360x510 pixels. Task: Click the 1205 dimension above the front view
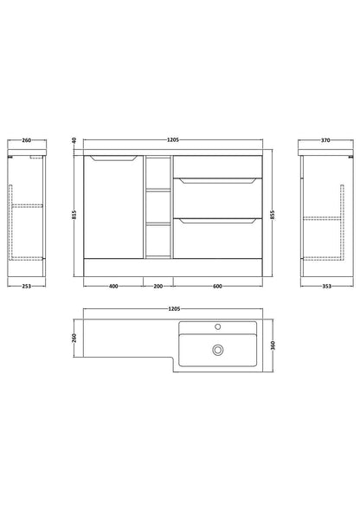(173, 140)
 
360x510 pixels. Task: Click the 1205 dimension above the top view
(174, 308)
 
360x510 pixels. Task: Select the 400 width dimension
(113, 287)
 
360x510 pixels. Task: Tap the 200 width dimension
(158, 287)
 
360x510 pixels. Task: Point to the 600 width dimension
(217, 287)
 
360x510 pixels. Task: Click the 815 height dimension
(74, 215)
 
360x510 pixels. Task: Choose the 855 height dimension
(273, 215)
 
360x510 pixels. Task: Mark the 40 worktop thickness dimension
(74, 141)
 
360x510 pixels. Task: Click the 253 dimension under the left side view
(26, 287)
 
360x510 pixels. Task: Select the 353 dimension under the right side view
(326, 287)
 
